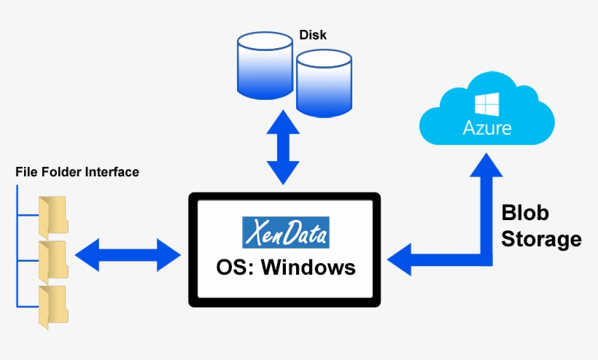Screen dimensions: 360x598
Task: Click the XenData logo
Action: coord(285,232)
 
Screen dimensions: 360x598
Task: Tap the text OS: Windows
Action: coord(286,267)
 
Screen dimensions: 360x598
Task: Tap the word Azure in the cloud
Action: coord(487,128)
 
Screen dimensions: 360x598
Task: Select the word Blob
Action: coord(525,213)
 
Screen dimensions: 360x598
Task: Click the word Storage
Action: coord(541,239)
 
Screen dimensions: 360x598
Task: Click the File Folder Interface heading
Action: coord(77,172)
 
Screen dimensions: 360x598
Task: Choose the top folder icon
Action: coord(53,214)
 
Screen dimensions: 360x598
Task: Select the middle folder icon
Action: coord(53,258)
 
